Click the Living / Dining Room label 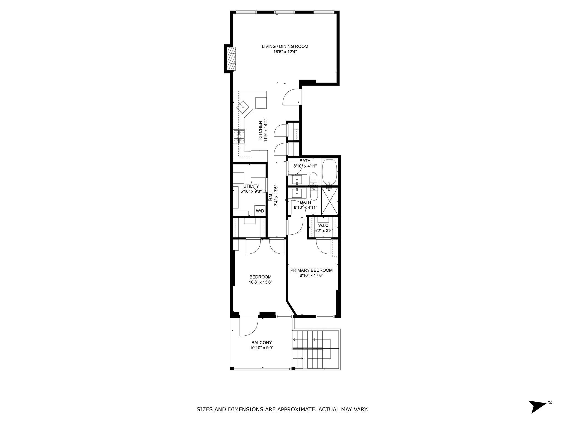click(x=285, y=46)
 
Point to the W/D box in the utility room click(x=260, y=211)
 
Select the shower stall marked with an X click(x=330, y=201)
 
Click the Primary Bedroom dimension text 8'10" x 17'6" click(x=311, y=275)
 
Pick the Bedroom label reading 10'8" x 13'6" click(x=260, y=282)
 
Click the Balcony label click(x=262, y=343)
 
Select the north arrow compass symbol click(x=537, y=412)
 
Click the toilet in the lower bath click(x=314, y=194)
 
